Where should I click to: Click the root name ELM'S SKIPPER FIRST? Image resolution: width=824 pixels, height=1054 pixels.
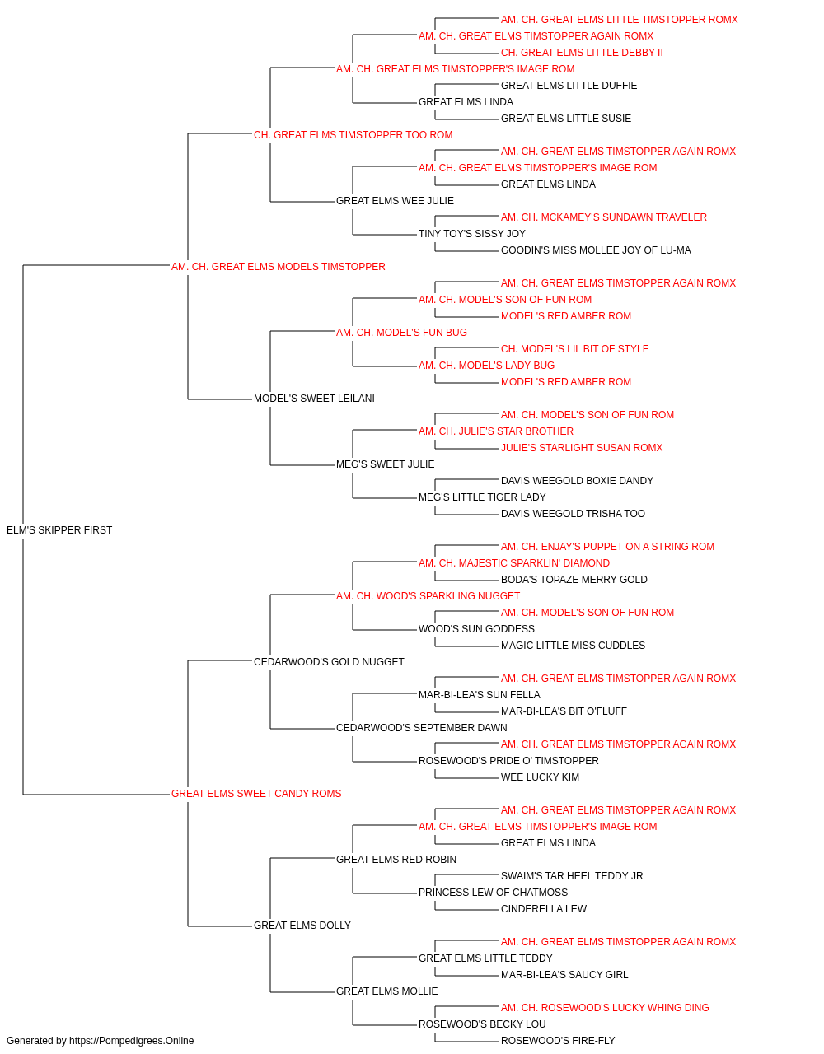(59, 530)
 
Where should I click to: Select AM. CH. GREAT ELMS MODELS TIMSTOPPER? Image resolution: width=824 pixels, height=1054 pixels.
(278, 267)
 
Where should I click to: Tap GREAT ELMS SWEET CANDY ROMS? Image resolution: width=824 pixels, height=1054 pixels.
(256, 794)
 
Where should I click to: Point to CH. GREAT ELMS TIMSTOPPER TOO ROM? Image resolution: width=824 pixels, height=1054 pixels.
(353, 135)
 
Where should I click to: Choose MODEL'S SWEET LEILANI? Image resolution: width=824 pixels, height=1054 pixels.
(314, 399)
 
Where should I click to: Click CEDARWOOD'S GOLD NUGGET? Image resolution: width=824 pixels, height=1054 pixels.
(329, 661)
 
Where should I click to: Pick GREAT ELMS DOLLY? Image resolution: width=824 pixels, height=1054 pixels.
(302, 925)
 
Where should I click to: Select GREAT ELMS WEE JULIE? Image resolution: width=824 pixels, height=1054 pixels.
(395, 201)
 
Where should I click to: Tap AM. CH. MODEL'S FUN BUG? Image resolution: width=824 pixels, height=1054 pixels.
(401, 332)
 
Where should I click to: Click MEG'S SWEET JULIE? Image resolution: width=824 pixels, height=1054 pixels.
(386, 464)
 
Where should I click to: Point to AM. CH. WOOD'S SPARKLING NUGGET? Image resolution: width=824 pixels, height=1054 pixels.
(428, 595)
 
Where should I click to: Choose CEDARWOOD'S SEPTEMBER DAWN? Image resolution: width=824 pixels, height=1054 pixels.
(422, 728)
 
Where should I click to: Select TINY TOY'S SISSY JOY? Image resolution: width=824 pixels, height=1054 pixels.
(472, 234)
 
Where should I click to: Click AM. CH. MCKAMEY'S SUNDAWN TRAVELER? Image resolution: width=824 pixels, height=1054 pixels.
(604, 217)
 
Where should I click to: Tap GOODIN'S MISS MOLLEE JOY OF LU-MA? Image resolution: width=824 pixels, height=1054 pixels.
(596, 250)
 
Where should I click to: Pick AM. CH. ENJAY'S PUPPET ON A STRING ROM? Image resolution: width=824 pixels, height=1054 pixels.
(607, 547)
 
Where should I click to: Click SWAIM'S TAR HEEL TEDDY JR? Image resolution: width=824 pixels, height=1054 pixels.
(572, 876)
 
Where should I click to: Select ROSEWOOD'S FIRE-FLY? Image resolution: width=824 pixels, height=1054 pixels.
(558, 1041)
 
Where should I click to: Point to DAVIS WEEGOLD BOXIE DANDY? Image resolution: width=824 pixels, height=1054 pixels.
(577, 481)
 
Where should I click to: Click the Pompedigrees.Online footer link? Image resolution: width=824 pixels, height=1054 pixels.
(132, 1041)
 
